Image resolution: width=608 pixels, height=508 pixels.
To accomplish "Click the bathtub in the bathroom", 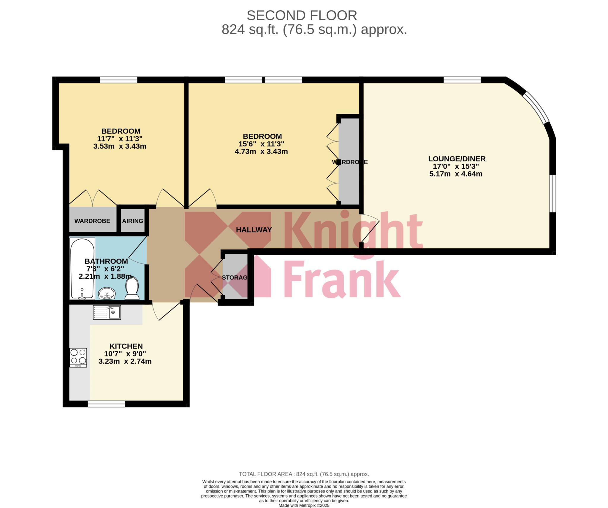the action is (x=82, y=269).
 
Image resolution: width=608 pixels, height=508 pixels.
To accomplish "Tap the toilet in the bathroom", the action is (x=132, y=288).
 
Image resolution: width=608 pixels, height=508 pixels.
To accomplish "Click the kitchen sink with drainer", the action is (x=107, y=312).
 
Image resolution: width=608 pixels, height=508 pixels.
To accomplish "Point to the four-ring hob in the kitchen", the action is (x=78, y=358).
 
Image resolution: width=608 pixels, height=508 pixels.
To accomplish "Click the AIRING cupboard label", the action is (x=133, y=221).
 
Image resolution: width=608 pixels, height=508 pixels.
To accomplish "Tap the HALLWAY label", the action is (x=254, y=230).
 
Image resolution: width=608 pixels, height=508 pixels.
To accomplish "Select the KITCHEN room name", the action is (x=126, y=346).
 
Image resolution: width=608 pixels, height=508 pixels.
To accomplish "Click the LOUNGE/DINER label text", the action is (x=457, y=159).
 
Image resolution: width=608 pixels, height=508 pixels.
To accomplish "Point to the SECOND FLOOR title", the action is (x=302, y=15).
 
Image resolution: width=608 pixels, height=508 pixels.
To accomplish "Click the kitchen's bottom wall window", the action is (x=106, y=404).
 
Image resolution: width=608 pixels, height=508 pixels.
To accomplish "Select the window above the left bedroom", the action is (x=119, y=80).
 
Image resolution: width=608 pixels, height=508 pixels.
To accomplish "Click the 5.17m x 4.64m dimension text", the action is (x=456, y=174).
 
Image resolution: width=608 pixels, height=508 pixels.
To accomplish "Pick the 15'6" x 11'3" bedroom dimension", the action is (x=261, y=144).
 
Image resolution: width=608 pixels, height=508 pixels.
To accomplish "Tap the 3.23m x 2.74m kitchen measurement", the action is (x=125, y=362).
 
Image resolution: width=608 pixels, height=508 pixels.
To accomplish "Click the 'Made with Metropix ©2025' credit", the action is (x=304, y=505).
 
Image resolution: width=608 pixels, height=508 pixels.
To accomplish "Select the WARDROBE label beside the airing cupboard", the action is (x=92, y=221).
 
